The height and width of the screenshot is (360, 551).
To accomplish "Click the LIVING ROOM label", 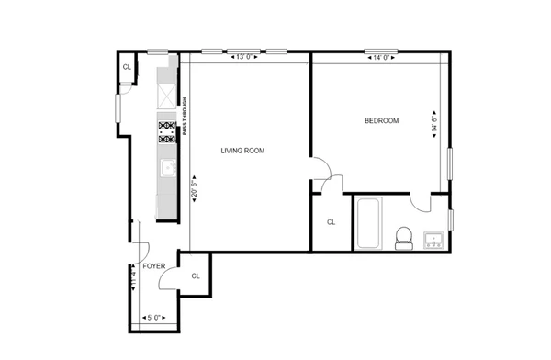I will point(242,151).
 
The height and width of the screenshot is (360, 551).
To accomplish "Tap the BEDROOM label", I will point(381,120).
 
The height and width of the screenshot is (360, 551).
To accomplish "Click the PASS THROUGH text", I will point(185,118).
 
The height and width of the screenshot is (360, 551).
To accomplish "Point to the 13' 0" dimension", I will point(245,58).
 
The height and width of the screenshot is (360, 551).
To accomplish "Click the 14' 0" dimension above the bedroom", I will point(383,58).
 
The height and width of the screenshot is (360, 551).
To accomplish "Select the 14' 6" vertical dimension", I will point(434,123).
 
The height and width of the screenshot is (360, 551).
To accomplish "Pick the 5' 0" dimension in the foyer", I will point(154,318).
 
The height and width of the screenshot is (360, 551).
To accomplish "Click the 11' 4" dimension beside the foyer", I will point(133,277).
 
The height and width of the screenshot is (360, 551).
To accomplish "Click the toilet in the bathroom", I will point(401,237).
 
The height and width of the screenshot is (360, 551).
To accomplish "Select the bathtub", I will point(367,222).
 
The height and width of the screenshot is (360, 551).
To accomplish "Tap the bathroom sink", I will point(436,242).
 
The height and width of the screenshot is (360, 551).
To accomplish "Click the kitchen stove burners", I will point(167,132).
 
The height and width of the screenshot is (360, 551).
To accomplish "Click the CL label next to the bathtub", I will point(332,222).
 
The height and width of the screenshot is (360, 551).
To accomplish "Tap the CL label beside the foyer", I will point(196,276).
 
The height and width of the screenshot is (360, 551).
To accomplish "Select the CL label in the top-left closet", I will point(126,67).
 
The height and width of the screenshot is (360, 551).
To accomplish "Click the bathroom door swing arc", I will point(421,204).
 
